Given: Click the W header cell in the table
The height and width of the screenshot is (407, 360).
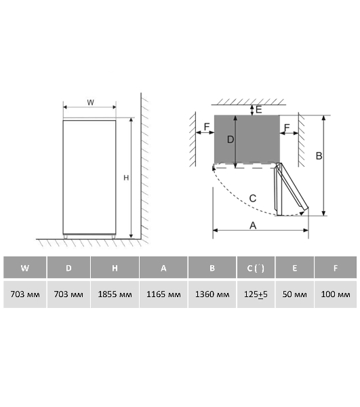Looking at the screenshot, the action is tap(25, 267).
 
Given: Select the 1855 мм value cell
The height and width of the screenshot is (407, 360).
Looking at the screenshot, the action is tap(115, 294).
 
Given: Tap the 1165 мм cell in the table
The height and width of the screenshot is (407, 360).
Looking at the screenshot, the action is tap(163, 294).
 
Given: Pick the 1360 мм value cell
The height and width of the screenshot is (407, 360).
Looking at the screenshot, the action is tap(212, 294).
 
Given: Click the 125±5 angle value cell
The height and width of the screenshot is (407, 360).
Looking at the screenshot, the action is tap(256, 294).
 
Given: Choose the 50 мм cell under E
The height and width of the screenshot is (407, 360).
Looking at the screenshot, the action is tap(295, 294).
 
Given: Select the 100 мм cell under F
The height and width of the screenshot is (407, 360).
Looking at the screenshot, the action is tap(336, 294).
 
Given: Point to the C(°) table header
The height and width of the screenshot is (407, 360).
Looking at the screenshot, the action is tap(256, 267).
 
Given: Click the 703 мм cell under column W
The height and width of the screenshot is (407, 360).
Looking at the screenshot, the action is tap(25, 294).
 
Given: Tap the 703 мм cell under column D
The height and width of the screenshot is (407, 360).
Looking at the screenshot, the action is tap(68, 294).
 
